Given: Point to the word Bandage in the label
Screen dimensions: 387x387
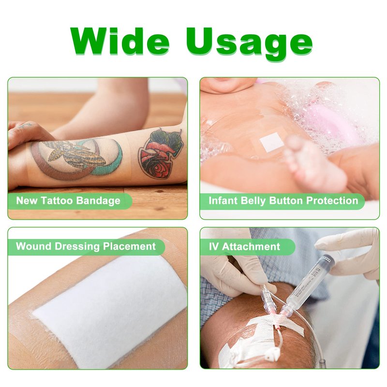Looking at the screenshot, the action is point(98,201).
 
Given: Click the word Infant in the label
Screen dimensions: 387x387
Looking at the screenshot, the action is point(223,200).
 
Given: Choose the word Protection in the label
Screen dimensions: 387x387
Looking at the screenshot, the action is point(332,200).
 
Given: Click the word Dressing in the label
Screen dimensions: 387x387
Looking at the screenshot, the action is point(77,247).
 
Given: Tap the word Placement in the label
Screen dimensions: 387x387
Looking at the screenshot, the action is point(129,246).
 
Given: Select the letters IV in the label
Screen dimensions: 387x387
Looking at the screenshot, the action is point(213,246).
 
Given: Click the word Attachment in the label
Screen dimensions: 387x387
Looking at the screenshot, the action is point(251,246).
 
